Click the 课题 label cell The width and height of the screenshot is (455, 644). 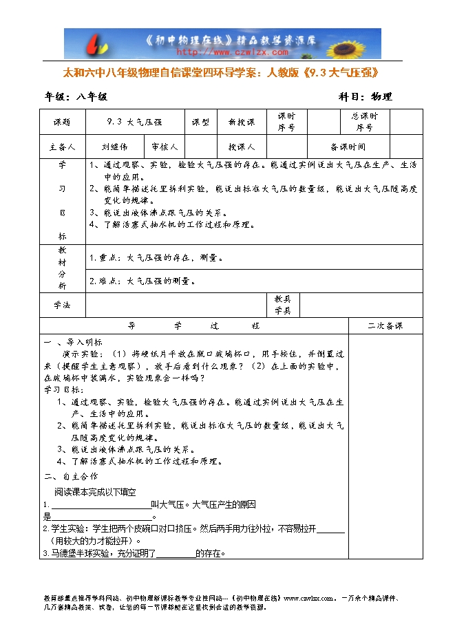click(63, 122)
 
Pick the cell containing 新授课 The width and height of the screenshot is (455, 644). click(242, 122)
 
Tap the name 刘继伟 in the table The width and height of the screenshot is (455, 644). click(114, 147)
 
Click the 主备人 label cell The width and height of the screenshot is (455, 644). click(63, 147)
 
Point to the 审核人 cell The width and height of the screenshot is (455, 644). click(165, 147)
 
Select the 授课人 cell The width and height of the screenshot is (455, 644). click(242, 147)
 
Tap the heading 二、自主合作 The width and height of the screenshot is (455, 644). click(71, 476)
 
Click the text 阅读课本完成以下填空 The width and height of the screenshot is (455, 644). click(96, 492)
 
